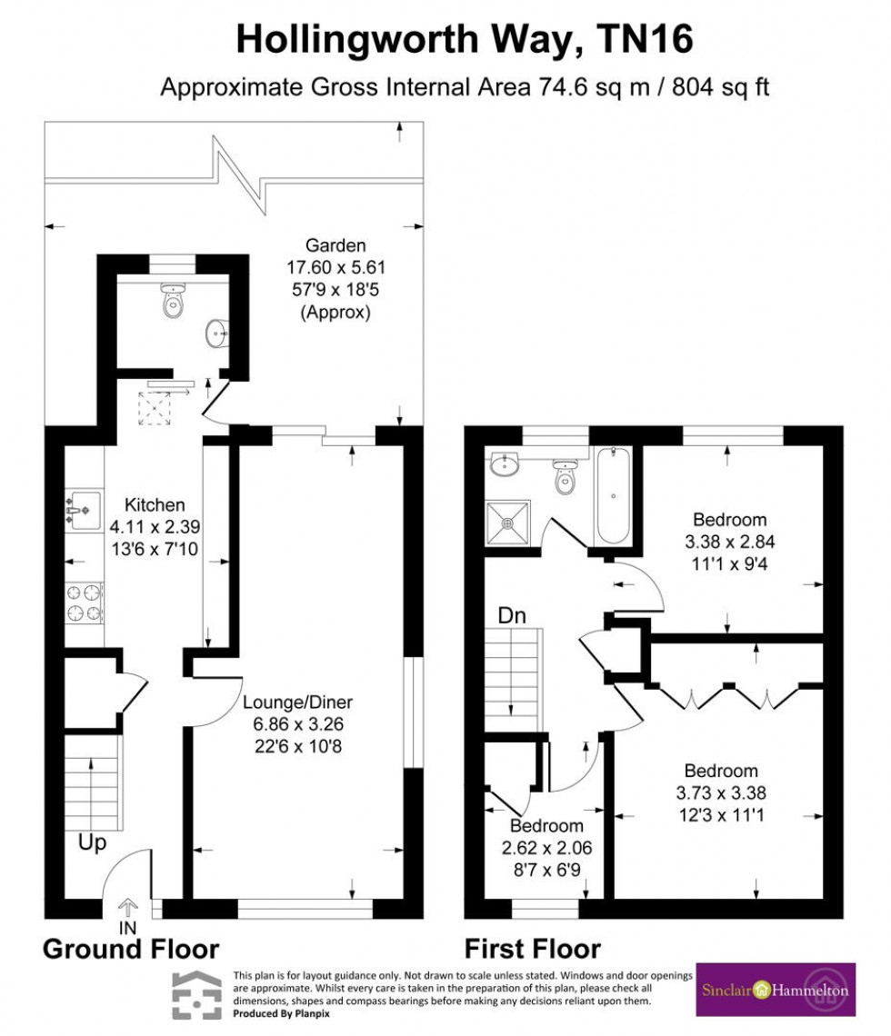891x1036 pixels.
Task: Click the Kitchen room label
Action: pos(155,504)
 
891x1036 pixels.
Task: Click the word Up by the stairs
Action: pos(92,842)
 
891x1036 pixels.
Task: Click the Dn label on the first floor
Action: pos(511,615)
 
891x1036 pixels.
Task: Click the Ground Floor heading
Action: pos(131,950)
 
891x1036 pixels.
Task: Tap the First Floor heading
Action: pos(533,950)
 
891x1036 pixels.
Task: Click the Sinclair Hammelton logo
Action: pos(775,989)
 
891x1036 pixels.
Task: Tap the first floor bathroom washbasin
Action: pos(502,465)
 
